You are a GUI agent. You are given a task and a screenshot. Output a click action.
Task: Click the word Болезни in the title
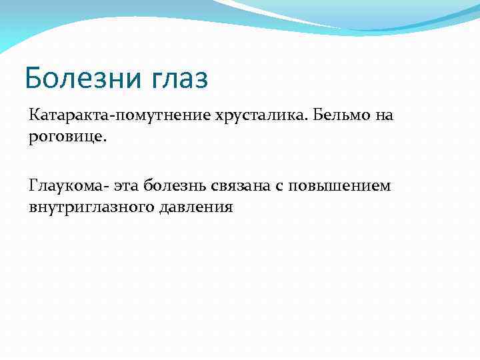click(79, 78)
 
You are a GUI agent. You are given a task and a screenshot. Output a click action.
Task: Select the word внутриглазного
click(91, 207)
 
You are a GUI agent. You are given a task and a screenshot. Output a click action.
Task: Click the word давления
click(195, 207)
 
